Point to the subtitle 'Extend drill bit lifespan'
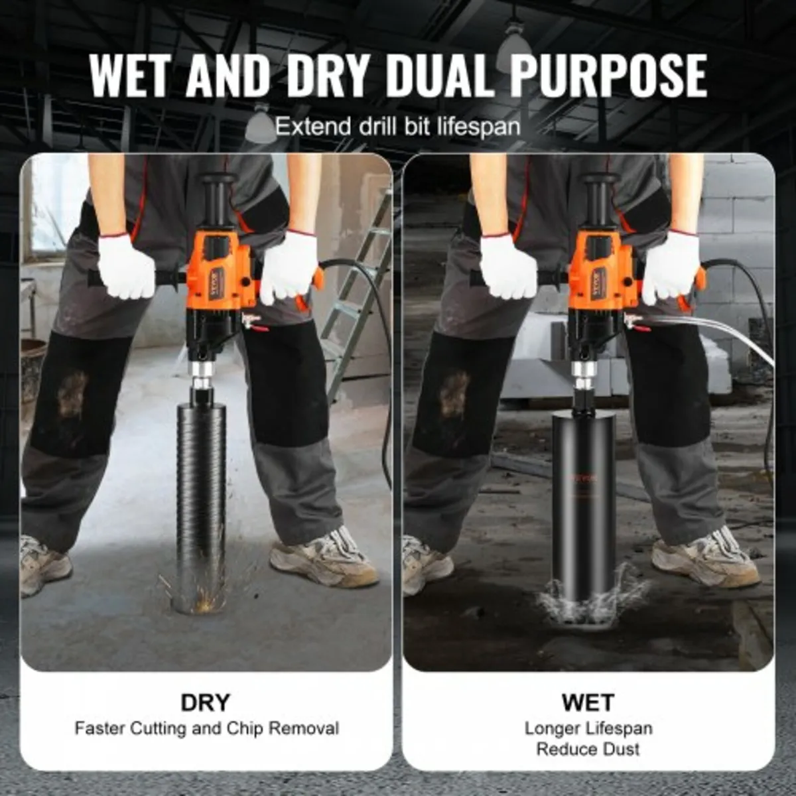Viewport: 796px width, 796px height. [x=397, y=125]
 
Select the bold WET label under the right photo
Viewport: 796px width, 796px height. [x=588, y=702]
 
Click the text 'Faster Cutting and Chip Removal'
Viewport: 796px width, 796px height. [x=206, y=728]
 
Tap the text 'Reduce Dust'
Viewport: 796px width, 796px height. [x=588, y=750]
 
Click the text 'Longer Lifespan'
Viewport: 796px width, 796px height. [x=588, y=728]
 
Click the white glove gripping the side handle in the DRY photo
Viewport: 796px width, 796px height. [x=125, y=265]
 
